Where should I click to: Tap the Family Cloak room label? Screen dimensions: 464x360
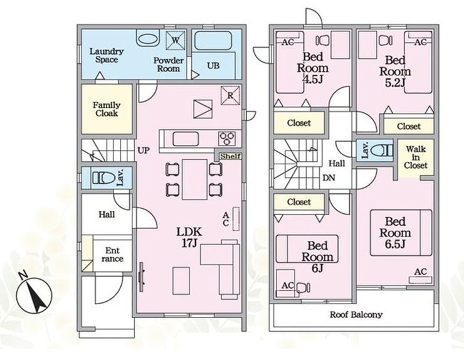pos(107,109)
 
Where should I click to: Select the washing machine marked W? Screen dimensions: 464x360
pos(175,40)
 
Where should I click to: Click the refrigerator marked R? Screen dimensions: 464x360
pos(230,95)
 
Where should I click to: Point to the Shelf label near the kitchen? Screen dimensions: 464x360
pos(231,156)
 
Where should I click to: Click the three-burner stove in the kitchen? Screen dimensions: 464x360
pos(227,138)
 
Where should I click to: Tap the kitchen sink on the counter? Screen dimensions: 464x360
pos(186,139)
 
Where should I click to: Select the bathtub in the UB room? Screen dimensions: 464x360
pos(213,40)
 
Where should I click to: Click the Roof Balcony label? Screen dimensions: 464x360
pos(356,314)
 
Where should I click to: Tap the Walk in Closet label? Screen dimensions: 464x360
pos(416,157)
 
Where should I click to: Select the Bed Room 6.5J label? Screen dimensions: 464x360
pos(395,233)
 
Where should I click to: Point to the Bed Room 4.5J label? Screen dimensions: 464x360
pos(313,68)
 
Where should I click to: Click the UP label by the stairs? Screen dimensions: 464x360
pos(144,151)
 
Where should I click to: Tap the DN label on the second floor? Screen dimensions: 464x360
pos(329,178)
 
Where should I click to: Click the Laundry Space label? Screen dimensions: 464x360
pos(107,55)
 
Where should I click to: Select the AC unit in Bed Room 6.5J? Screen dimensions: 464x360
pos(421,280)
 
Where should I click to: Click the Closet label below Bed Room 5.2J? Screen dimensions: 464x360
pos(409,127)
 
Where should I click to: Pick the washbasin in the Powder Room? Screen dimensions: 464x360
pos(148,39)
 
